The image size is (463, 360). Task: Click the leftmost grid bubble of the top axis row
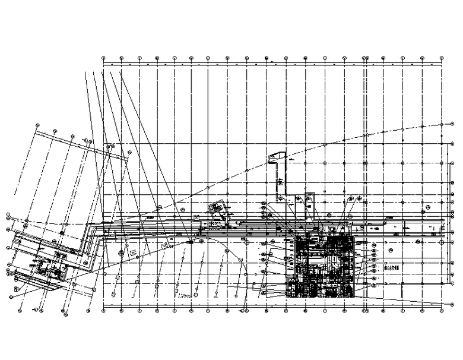pyautogui.click(x=103, y=58)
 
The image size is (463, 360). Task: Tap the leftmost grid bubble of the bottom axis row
pyautogui.click(x=103, y=308)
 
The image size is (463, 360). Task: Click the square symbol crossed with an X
pyautogui.click(x=197, y=217)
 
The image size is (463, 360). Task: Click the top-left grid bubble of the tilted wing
pyautogui.click(x=38, y=126)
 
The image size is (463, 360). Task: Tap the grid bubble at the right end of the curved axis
pyautogui.click(x=443, y=124)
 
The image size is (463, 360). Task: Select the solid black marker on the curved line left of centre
pyautogui.click(x=190, y=242)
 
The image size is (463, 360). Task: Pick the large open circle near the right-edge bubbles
pyautogui.click(x=429, y=209)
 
